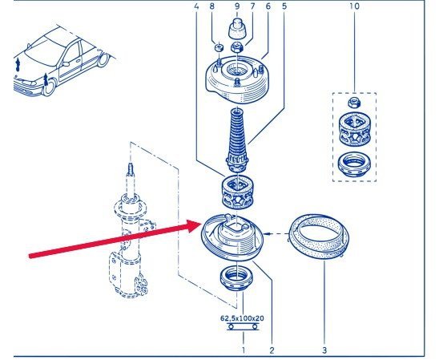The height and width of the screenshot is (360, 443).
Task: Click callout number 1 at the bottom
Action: pos(244,350)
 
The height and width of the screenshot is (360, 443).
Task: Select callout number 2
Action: pos(272,350)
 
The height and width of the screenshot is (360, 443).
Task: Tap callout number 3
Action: pos(324,350)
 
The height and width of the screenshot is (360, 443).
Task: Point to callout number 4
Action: pos(196,6)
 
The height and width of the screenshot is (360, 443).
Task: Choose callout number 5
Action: pos(284,6)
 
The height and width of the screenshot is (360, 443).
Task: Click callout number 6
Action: pos(268,6)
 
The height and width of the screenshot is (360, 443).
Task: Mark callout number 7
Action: pos(252,6)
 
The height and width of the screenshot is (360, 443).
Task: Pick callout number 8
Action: pos(212,6)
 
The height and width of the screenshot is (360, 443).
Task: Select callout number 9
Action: pos(237,6)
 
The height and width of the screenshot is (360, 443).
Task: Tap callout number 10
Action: pos(354,6)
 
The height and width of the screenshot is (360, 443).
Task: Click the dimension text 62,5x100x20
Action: pos(242,318)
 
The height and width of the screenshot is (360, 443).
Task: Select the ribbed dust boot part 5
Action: pos(237,140)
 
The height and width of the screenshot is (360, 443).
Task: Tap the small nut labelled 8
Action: pos(219,47)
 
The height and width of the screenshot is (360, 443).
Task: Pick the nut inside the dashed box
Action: pos(354,103)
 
